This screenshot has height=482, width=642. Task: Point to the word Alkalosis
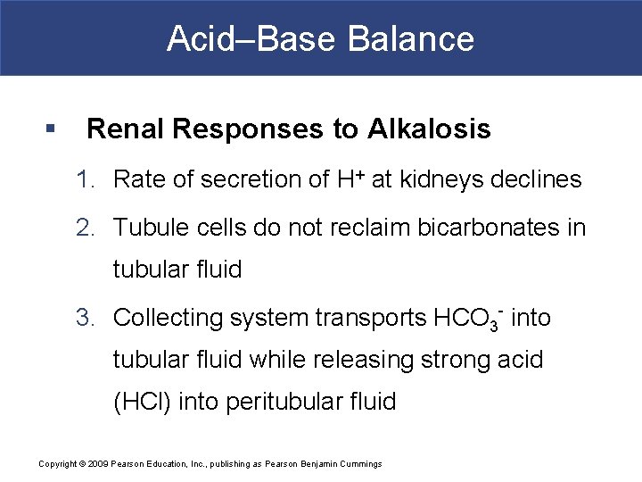point(429,129)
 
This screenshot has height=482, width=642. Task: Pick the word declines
point(541,180)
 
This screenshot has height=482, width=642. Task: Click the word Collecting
point(169,318)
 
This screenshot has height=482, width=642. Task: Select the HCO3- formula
point(469,318)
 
